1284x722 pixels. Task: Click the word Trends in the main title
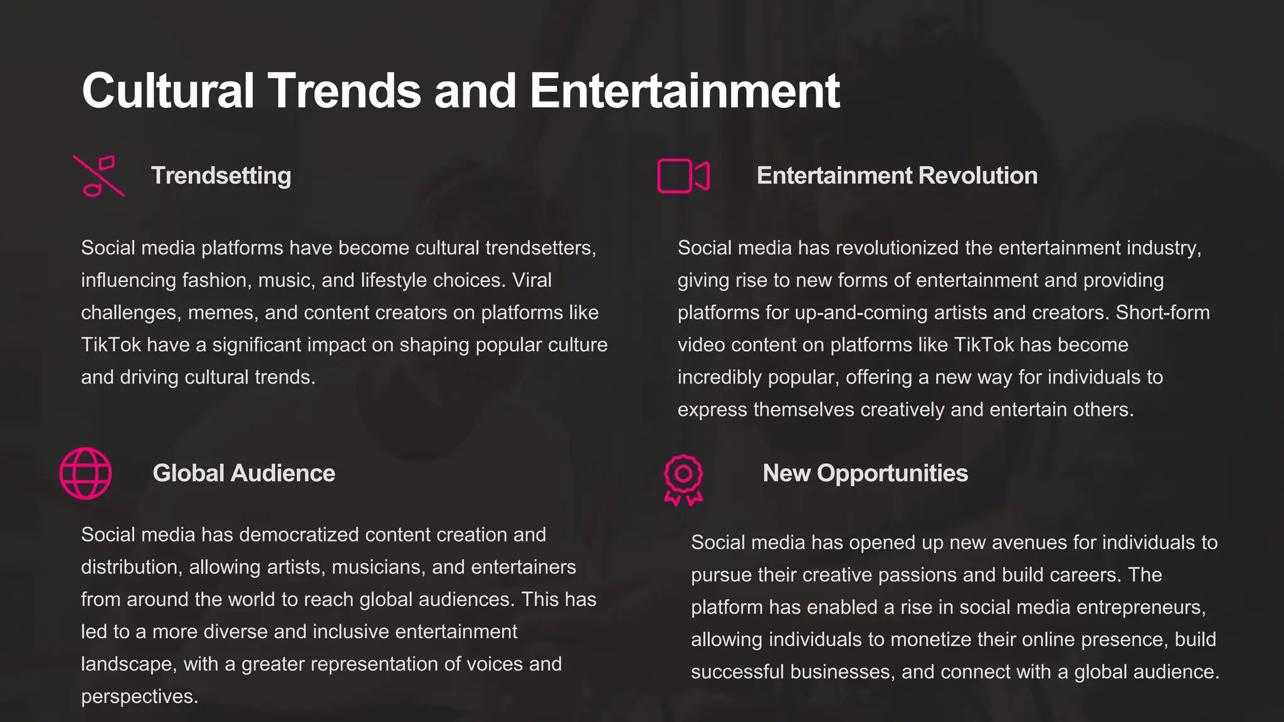point(344,91)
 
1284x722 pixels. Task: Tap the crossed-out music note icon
point(99,176)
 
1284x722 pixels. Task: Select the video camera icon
point(683,176)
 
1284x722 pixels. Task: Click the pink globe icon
point(86,474)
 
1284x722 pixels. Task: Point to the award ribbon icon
point(683,479)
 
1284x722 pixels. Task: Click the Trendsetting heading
point(221,176)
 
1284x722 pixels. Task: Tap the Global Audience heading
point(244,474)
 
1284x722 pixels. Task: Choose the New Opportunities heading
point(865,474)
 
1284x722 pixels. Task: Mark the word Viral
point(532,280)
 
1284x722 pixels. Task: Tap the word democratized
point(299,535)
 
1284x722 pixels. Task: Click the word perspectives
point(139,697)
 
